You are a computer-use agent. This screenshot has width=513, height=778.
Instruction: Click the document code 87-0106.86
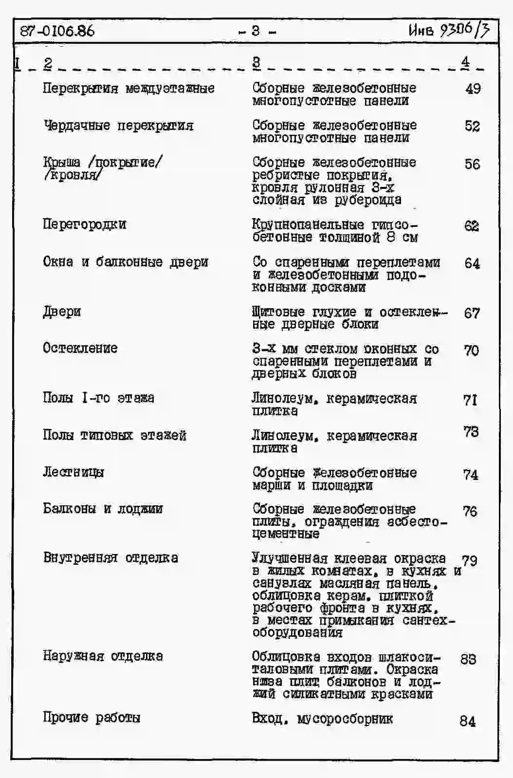[57, 31]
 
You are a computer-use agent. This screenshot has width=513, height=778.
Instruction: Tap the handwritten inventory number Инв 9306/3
[449, 30]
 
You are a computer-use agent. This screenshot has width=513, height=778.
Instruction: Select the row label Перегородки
[85, 224]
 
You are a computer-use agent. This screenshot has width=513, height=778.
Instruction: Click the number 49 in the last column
[473, 89]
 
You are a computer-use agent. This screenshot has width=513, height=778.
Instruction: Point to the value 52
[472, 126]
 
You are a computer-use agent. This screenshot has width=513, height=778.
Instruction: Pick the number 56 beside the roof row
[472, 164]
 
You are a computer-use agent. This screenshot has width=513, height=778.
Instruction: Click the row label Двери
[62, 312]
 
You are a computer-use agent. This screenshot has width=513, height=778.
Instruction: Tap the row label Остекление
[80, 348]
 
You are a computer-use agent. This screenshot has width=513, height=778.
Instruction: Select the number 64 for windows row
[472, 263]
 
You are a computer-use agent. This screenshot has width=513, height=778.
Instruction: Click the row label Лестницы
[73, 472]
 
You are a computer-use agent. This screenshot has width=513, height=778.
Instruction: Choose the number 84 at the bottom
[468, 721]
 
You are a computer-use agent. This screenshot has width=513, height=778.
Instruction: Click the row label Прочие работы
[92, 717]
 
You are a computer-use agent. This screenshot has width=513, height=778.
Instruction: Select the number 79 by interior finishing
[470, 560]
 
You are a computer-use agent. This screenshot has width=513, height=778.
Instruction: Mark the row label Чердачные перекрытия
[118, 126]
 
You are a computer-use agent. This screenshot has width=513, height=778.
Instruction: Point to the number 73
[471, 432]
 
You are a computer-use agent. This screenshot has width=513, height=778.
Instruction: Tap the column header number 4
[466, 62]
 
